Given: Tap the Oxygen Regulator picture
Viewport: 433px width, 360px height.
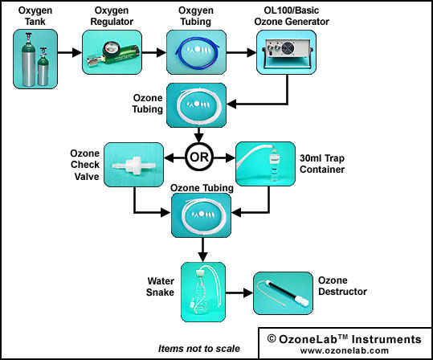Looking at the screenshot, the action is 112,52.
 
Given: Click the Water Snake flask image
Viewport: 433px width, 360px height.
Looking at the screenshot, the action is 203,292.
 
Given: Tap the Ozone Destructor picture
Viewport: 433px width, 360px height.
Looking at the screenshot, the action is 283,293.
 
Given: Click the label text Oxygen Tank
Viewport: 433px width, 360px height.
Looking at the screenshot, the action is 35,16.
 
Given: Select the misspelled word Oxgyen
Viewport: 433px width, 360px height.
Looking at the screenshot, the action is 196,10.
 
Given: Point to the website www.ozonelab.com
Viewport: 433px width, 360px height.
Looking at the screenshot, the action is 345,350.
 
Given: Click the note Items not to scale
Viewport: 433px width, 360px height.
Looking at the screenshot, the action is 199,349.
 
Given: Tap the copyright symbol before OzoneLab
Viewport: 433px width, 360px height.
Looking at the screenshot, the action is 272,339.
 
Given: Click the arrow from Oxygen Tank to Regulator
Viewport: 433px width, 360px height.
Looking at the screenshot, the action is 70,52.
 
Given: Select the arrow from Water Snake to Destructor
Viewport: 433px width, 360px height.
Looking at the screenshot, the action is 239,292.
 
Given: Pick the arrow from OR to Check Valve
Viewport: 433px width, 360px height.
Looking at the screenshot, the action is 174,158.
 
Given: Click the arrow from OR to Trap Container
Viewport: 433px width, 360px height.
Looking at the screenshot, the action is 224,158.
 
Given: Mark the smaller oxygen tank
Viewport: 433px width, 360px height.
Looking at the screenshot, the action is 43,67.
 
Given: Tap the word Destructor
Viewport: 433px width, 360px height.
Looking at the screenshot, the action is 342,292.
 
